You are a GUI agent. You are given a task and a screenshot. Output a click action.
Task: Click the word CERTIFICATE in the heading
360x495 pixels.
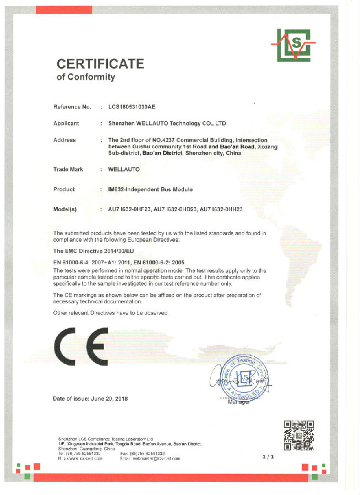(x=100, y=63)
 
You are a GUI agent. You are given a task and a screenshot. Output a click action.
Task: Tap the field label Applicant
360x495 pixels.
(x=66, y=123)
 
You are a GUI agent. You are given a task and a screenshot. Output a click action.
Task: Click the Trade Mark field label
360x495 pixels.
(x=68, y=170)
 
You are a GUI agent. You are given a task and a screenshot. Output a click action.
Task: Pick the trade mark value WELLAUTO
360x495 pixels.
(x=124, y=170)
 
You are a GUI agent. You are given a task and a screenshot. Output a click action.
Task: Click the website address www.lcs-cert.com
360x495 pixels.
(x=83, y=458)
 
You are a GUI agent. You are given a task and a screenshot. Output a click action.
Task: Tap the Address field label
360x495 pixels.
(x=64, y=140)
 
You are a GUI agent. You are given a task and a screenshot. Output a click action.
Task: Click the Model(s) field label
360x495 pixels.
(x=65, y=210)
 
